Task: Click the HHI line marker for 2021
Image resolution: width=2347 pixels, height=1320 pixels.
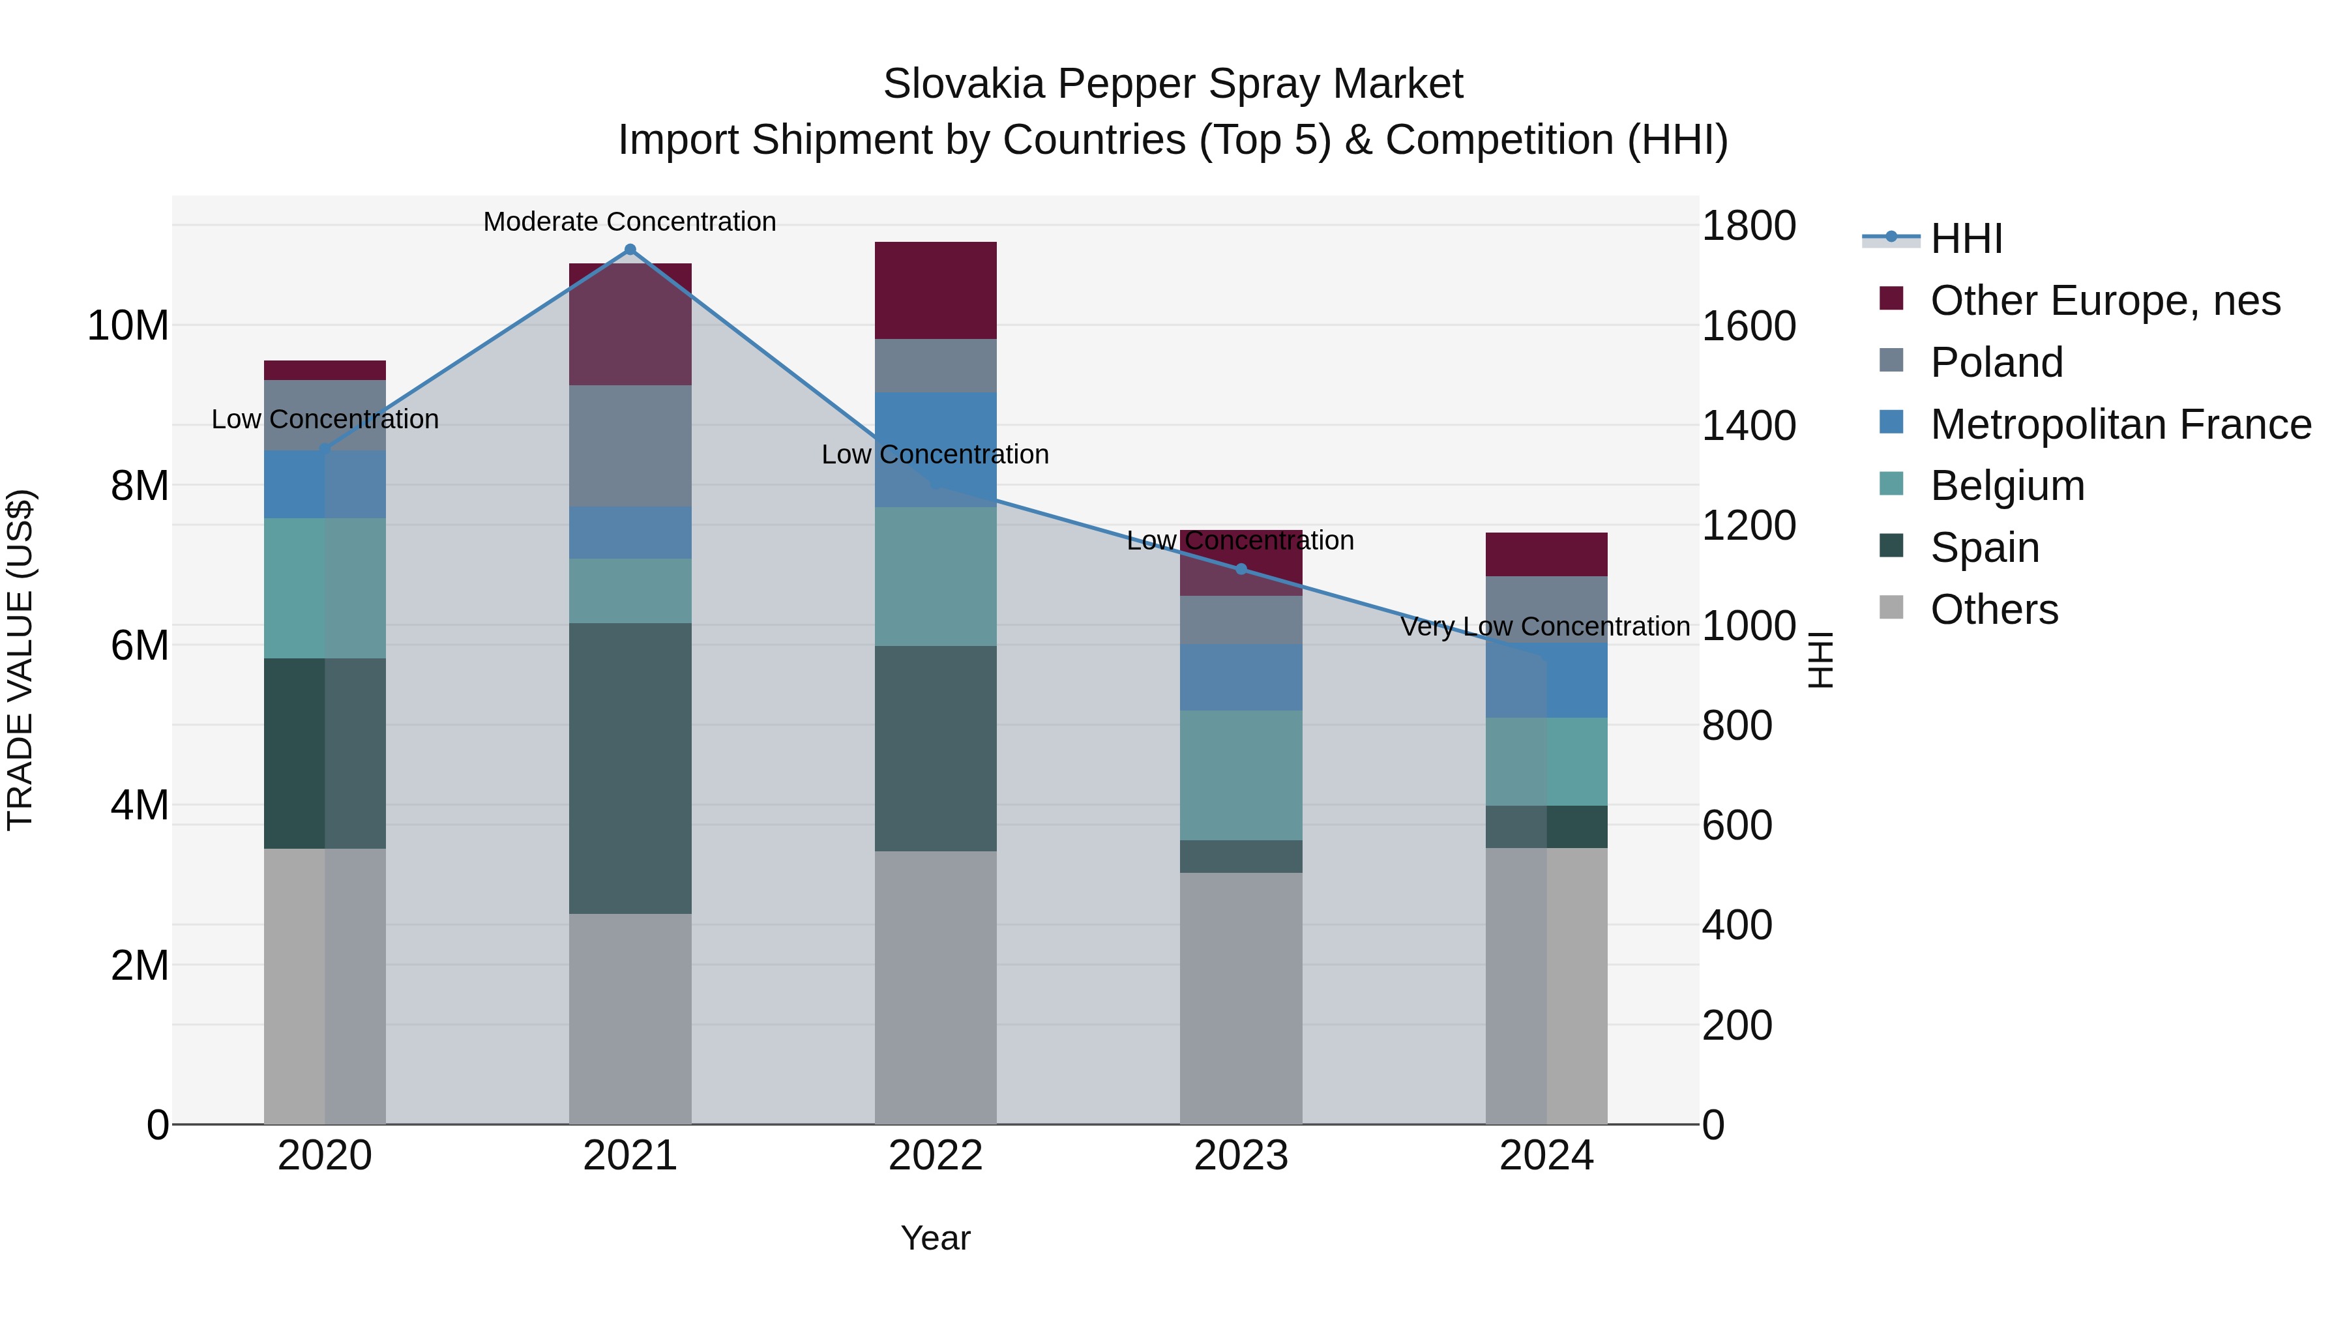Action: tap(630, 250)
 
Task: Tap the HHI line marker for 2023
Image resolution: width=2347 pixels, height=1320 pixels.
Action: tap(1241, 569)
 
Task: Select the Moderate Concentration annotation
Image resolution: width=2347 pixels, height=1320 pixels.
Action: tap(630, 222)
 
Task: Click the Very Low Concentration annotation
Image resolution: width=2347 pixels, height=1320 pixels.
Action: tap(1545, 626)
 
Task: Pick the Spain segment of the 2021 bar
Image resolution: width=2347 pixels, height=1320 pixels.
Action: tap(630, 768)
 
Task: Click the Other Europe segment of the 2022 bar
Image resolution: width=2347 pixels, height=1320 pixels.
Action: tap(936, 291)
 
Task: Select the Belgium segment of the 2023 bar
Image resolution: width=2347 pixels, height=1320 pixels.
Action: tap(1241, 775)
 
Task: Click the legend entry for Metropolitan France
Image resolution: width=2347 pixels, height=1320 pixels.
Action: tap(2120, 424)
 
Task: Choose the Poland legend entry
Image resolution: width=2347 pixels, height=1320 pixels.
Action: tap(1996, 362)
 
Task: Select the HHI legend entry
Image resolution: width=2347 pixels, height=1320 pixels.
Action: tap(1966, 239)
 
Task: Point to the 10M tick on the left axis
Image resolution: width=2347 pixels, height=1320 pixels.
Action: tap(128, 326)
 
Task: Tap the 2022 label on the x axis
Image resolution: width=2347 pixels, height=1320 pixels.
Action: tap(936, 1156)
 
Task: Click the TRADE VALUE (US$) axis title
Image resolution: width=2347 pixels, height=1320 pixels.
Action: tap(20, 660)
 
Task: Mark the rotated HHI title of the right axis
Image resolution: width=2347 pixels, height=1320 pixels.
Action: tap(1820, 660)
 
